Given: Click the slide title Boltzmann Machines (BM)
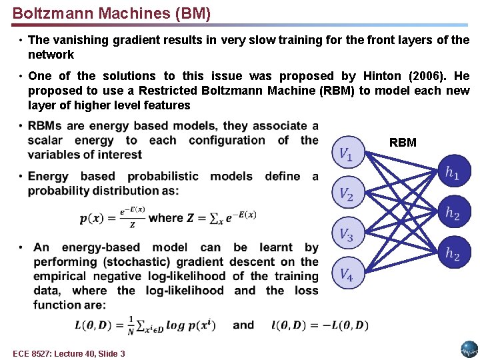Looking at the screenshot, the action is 111,13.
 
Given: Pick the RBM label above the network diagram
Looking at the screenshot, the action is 403,143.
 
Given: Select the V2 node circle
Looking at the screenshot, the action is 347,195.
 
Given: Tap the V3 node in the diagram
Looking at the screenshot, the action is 347,234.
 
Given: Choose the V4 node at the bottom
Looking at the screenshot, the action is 347,273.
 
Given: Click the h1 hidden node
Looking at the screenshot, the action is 453,173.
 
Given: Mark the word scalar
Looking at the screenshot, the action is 45,140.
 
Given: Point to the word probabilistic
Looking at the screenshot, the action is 163,177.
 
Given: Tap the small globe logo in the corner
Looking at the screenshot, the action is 469,349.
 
